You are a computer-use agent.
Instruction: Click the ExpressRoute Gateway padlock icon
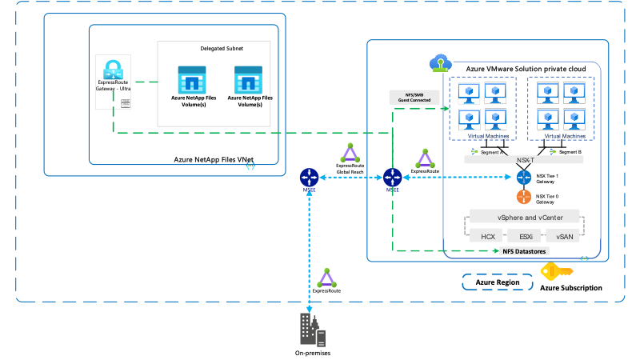[x=112, y=67]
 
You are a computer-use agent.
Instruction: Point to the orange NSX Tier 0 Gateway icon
[x=524, y=196]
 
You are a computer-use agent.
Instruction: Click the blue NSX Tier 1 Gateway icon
[x=524, y=176]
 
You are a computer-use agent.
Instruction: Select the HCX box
[x=489, y=236]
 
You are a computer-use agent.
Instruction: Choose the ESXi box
[x=526, y=236]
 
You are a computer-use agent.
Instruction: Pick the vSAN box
[x=565, y=236]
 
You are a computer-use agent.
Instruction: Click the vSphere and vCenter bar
[x=526, y=218]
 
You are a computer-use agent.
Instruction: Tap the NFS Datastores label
[x=525, y=252]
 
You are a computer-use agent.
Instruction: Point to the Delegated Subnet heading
[x=222, y=48]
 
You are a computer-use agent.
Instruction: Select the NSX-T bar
[x=525, y=159]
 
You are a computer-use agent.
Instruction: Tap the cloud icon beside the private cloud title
[x=439, y=62]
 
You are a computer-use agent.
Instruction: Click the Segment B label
[x=568, y=151]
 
